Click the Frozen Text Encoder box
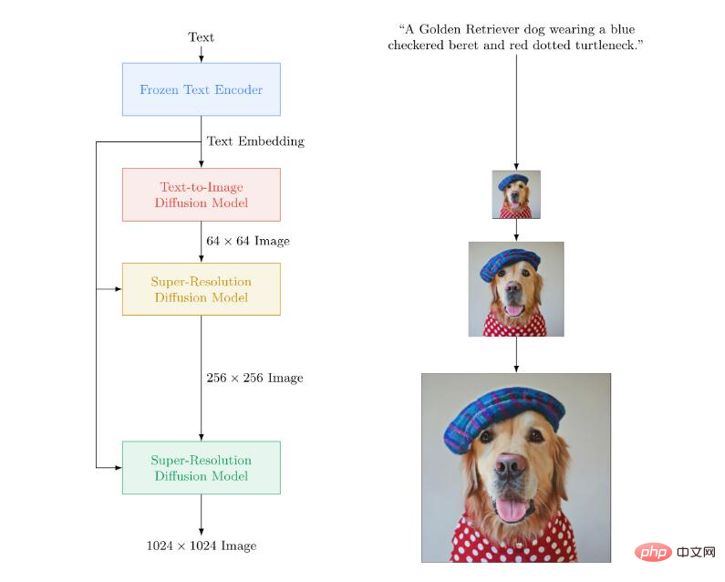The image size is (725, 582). pos(201,89)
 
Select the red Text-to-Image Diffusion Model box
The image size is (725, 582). pos(201,194)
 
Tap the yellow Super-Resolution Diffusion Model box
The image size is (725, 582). pos(201,289)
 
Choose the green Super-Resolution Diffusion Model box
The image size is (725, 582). pos(201,468)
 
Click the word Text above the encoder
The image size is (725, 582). pos(201,37)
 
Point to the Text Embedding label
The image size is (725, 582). pos(255,141)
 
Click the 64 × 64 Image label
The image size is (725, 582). pos(248,242)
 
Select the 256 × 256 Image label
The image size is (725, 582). pos(254,378)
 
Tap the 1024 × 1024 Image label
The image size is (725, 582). pos(202,546)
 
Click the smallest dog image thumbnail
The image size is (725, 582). pos(516,194)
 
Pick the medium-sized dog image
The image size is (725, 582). pos(516,289)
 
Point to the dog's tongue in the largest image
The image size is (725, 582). pos(510,507)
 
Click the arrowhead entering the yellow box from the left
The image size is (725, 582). pos(118,289)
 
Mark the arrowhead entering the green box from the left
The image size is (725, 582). pos(118,468)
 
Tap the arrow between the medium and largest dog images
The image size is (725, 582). pos(516,355)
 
